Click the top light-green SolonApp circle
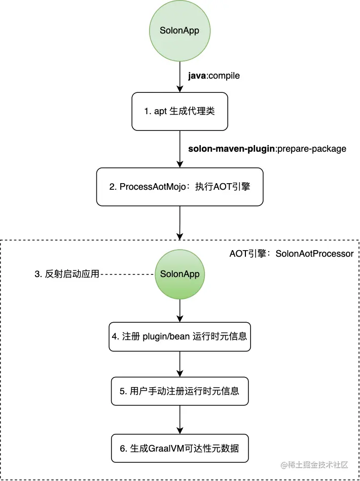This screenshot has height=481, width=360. (x=179, y=30)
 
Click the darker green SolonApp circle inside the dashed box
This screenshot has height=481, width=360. (x=179, y=274)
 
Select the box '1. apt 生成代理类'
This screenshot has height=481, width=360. (x=179, y=111)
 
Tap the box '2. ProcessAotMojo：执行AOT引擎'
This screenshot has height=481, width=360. (x=179, y=187)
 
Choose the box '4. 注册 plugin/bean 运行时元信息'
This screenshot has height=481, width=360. (x=179, y=336)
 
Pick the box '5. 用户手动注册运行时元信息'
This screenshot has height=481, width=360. (x=179, y=391)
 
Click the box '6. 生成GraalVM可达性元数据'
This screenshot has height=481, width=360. (x=179, y=448)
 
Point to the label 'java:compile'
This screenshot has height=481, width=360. (x=213, y=76)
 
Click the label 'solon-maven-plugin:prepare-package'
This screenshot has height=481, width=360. (x=267, y=149)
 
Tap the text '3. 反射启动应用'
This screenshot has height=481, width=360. (x=67, y=274)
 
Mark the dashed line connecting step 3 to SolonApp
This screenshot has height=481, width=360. (x=127, y=274)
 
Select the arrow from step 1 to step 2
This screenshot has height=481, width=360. (x=179, y=148)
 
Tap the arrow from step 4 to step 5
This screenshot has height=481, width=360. (x=179, y=364)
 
